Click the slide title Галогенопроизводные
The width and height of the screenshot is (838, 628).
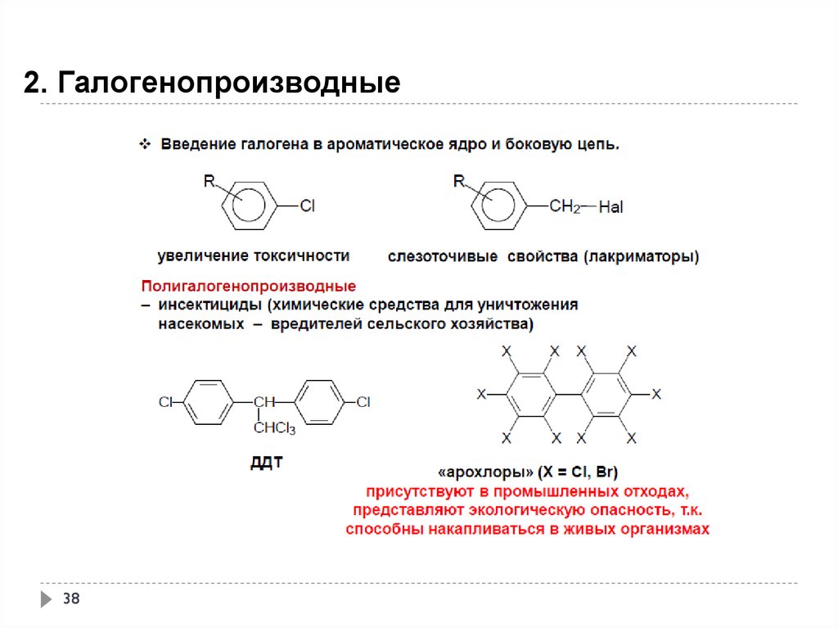[x=212, y=84]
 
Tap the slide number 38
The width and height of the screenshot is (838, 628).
[x=71, y=600]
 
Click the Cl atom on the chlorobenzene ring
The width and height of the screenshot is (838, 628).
[x=307, y=206]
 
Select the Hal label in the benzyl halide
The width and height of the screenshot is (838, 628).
[x=610, y=208]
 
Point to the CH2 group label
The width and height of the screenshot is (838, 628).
[x=564, y=206]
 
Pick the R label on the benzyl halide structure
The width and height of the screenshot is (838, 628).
[x=458, y=181]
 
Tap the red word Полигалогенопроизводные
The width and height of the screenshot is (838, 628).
[x=249, y=287]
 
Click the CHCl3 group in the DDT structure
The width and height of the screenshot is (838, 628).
[x=274, y=428]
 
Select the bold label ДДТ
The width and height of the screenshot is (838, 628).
[x=266, y=463]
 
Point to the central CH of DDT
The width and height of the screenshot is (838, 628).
[x=263, y=402]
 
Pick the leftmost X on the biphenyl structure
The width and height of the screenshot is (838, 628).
[x=481, y=395]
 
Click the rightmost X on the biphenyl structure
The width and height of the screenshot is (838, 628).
[x=656, y=395]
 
